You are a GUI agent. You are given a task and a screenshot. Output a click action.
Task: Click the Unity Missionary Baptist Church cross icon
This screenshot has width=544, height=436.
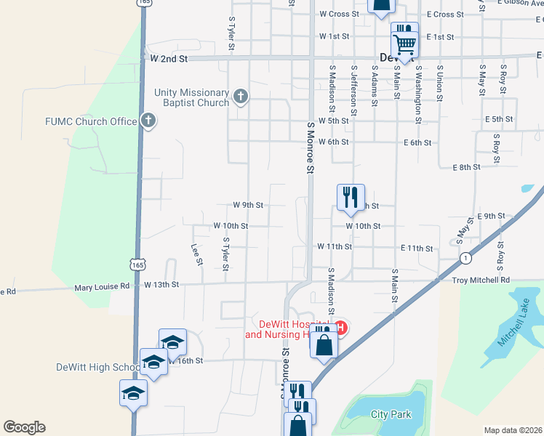(x=241, y=97)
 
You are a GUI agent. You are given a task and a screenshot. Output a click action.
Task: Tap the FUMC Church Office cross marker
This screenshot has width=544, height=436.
(x=148, y=121)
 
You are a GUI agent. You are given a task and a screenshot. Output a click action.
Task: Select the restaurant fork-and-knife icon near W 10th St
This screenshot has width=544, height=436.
(x=351, y=196)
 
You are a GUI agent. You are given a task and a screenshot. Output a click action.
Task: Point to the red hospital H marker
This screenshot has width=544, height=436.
(x=340, y=328)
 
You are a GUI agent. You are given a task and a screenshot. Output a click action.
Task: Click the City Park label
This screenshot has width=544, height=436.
(x=391, y=415)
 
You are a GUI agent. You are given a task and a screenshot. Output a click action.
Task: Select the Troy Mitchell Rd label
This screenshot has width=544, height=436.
(x=481, y=280)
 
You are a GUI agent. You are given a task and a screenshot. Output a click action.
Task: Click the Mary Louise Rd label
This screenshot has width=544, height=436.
(x=102, y=287)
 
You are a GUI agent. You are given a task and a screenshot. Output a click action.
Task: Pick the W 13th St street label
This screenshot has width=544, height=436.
(x=161, y=284)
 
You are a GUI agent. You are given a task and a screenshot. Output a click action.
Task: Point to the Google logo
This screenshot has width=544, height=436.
(x=24, y=427)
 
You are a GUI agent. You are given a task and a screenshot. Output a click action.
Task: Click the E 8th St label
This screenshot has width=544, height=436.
(x=466, y=167)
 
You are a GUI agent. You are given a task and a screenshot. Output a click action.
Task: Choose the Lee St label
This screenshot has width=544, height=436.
(x=196, y=254)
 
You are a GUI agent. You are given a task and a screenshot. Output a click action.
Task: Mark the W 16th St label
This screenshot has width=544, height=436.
(x=185, y=360)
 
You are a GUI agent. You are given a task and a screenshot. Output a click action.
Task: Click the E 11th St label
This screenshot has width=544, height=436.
(x=417, y=249)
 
